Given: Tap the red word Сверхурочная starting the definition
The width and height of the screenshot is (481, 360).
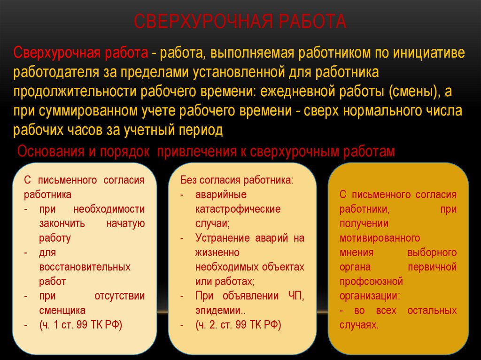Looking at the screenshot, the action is pyautogui.click(x=57, y=53).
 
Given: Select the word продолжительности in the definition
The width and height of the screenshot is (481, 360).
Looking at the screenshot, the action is pyautogui.click(x=74, y=92).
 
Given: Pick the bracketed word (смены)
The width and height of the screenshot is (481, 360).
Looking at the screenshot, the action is pyautogui.click(x=413, y=92).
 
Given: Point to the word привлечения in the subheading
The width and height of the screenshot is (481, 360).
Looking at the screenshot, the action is pyautogui.click(x=197, y=152).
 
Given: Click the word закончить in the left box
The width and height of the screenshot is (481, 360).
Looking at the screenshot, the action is pyautogui.click(x=62, y=223).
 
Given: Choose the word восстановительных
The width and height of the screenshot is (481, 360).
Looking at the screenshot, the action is pyautogui.click(x=85, y=267).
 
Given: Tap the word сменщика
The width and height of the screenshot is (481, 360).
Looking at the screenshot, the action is pyautogui.click(x=62, y=310).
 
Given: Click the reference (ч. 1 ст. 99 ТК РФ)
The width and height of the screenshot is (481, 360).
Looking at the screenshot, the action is pyautogui.click(x=81, y=325).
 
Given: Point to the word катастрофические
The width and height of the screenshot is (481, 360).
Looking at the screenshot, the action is pyautogui.click(x=238, y=209).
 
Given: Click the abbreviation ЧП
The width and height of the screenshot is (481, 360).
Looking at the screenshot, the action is pyautogui.click(x=296, y=296).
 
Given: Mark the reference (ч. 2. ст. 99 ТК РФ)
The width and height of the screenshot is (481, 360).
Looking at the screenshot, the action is pyautogui.click(x=238, y=325).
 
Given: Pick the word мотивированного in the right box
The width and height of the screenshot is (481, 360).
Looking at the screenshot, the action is pyautogui.click(x=380, y=238).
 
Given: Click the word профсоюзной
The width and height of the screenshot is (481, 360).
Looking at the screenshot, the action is pyautogui.click(x=371, y=282).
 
